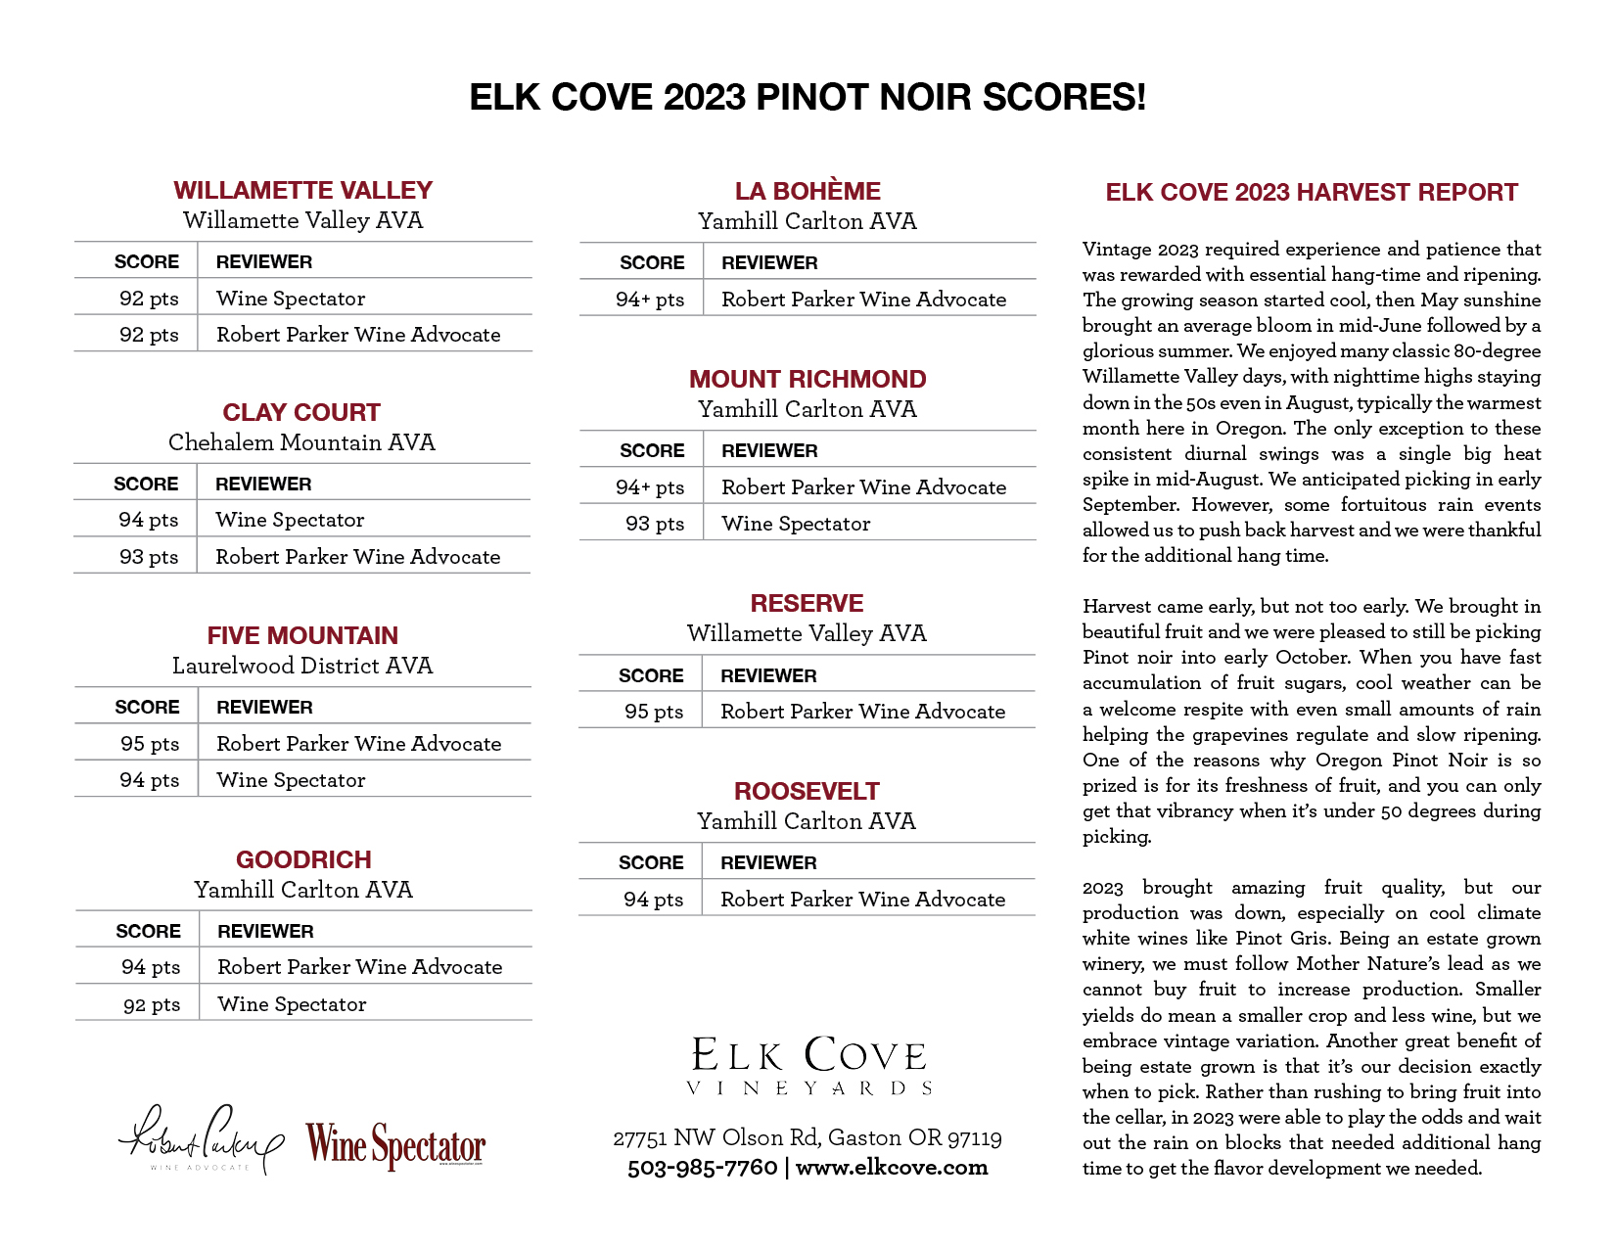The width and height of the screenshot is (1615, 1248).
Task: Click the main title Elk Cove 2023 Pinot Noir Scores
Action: click(x=807, y=98)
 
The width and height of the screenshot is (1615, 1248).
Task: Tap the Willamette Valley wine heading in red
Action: click(x=302, y=190)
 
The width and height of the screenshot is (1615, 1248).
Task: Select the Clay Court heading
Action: click(x=301, y=412)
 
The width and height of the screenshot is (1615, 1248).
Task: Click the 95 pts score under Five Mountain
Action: click(x=150, y=744)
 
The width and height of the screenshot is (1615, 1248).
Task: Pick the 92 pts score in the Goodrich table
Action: click(x=152, y=1004)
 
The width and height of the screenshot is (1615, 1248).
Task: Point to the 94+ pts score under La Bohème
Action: click(x=650, y=300)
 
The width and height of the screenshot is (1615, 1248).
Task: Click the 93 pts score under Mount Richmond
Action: click(x=655, y=524)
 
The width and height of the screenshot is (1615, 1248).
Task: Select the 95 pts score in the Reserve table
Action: click(x=654, y=712)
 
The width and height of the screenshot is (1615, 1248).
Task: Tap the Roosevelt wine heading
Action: click(x=807, y=791)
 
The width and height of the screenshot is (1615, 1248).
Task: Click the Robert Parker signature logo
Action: click(x=201, y=1140)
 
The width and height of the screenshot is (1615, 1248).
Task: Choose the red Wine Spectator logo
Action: click(x=395, y=1144)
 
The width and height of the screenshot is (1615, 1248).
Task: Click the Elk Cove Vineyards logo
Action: click(x=808, y=1065)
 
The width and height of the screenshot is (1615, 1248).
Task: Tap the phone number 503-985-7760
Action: click(x=702, y=1168)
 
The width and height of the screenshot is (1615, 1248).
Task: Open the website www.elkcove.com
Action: click(x=892, y=1168)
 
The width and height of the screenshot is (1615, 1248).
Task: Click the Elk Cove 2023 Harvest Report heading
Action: click(x=1312, y=192)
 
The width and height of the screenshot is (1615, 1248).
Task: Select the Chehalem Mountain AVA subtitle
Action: click(x=301, y=442)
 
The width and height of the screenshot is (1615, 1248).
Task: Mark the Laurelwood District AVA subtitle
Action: click(x=302, y=666)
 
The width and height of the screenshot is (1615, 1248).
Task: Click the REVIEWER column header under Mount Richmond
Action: click(x=769, y=450)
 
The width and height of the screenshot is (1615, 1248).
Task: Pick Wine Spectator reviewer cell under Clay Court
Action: click(x=290, y=520)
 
